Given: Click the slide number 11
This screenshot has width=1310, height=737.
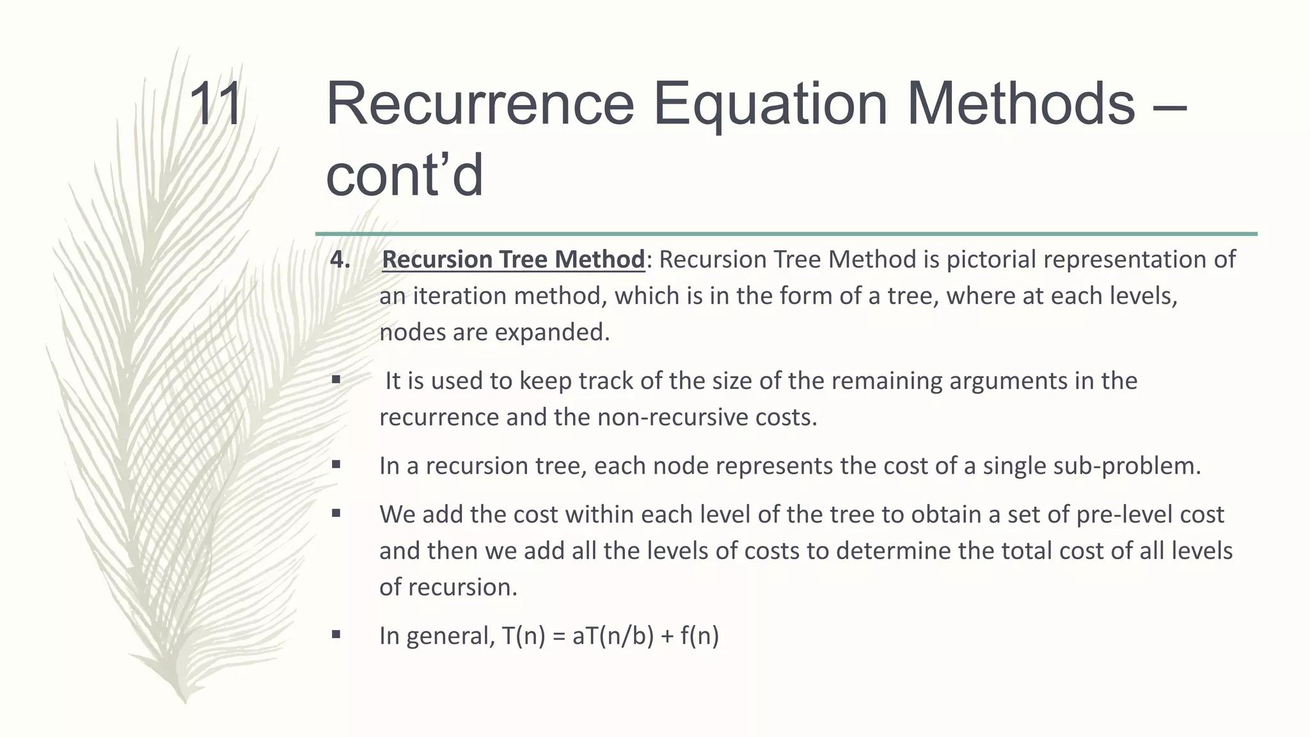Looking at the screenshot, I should pos(216,104).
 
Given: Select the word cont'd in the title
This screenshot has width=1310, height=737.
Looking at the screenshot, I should pos(404,176).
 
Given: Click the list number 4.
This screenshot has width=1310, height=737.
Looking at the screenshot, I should pos(340,260).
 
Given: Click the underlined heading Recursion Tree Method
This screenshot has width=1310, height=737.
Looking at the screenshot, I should pos(513,260).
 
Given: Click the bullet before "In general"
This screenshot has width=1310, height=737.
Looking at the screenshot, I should pos(336,635).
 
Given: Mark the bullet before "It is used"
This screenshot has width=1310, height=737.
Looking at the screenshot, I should pos(336,381).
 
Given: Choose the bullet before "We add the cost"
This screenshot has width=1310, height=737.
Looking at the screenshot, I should pos(336,514).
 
